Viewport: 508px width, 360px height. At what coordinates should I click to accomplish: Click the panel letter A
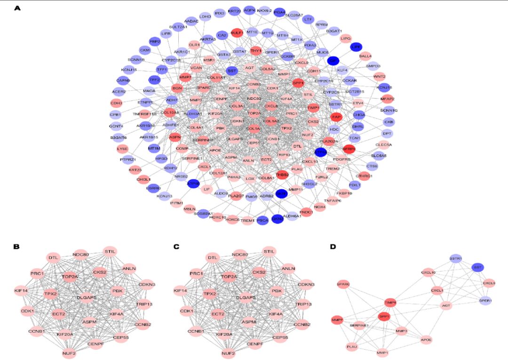click(x=17, y=8)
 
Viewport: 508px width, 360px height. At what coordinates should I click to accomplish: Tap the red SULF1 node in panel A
click(x=237, y=33)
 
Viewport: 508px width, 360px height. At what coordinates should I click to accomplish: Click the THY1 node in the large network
click(x=256, y=50)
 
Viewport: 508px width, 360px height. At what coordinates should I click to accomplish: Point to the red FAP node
click(x=336, y=117)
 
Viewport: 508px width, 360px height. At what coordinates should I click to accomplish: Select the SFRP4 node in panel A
click(x=349, y=149)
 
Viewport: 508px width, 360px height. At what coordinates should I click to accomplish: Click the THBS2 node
click(x=282, y=175)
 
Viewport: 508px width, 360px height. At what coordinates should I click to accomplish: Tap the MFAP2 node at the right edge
click(x=388, y=99)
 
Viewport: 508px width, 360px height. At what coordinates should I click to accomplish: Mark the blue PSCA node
click(x=263, y=220)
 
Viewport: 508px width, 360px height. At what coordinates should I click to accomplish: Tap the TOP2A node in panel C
click(x=229, y=277)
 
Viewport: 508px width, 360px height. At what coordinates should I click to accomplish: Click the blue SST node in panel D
click(x=478, y=267)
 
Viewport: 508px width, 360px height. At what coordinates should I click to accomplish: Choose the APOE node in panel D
click(x=426, y=339)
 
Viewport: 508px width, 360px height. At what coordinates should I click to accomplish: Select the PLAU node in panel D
click(x=352, y=347)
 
